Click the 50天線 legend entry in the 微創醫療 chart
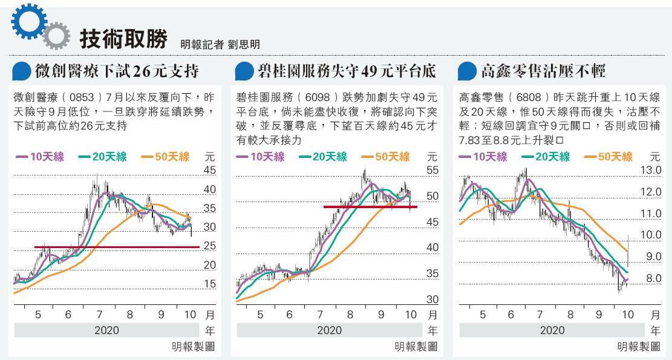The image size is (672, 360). (166, 157)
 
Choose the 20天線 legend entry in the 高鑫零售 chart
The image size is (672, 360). (546, 157)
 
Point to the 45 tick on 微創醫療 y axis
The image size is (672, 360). (209, 171)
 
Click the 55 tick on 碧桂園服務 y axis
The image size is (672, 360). (432, 171)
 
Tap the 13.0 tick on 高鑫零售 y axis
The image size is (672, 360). (651, 171)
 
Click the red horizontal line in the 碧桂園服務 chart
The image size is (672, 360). (370, 207)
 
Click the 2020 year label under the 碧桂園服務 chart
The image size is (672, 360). (330, 330)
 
